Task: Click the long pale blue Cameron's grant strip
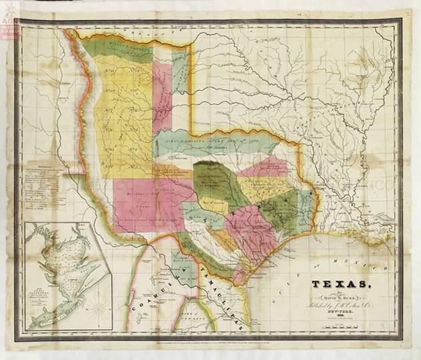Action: [213, 142]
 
